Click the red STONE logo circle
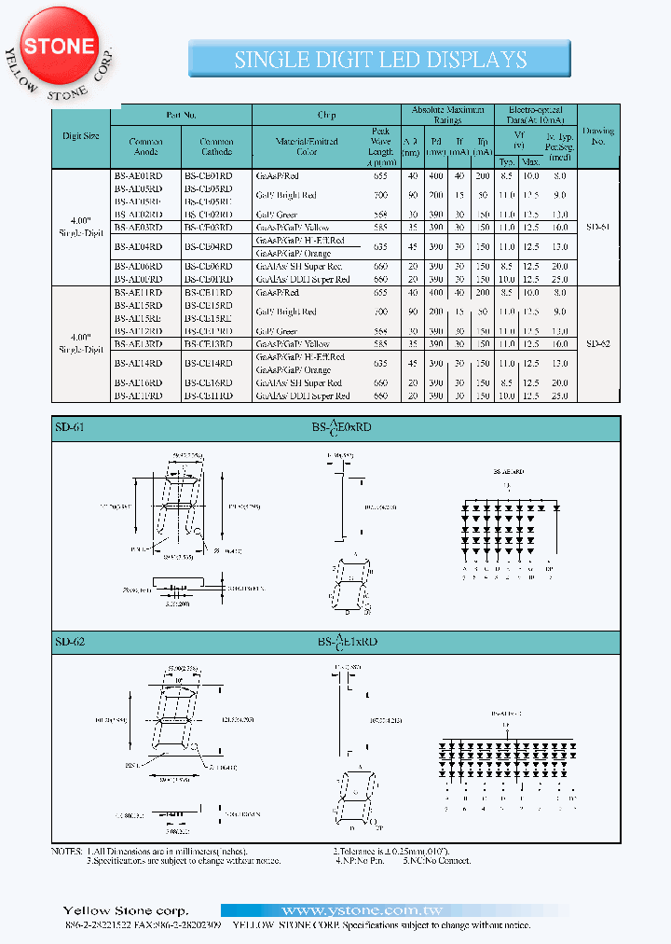tap(59, 46)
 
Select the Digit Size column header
tap(80, 135)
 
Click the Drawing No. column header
tap(598, 136)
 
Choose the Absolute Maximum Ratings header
tap(448, 115)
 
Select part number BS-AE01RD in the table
tap(138, 175)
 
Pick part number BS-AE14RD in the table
tap(138, 364)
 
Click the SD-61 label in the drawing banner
tap(71, 428)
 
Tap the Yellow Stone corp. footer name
tap(125, 910)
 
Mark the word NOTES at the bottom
tap(67, 852)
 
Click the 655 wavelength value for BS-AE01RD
tap(380, 175)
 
